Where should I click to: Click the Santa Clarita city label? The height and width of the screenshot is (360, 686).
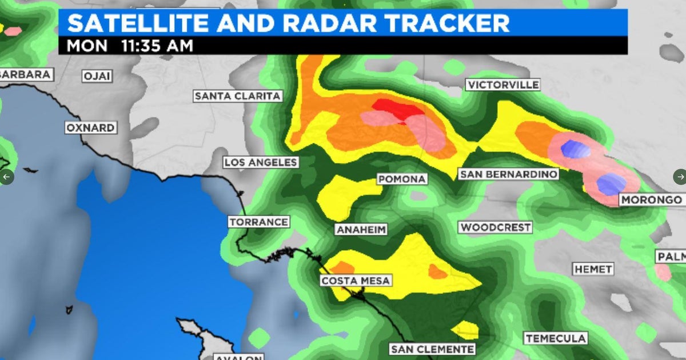click(x=238, y=96)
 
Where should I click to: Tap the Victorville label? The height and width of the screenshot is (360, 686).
click(x=502, y=85)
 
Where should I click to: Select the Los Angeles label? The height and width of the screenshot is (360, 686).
click(x=261, y=162)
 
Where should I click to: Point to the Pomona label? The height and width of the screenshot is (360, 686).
click(x=402, y=179)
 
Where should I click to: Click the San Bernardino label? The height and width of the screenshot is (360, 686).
click(x=508, y=174)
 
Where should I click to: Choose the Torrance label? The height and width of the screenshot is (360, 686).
click(x=259, y=222)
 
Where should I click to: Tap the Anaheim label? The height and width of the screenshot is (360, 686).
click(x=361, y=230)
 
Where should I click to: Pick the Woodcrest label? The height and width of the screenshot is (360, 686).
click(x=496, y=227)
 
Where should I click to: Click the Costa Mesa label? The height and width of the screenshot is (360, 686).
click(x=355, y=281)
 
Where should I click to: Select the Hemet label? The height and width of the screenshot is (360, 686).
click(x=593, y=269)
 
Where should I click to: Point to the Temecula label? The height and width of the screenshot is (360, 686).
click(x=556, y=338)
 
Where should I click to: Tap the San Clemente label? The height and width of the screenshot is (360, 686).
click(x=432, y=349)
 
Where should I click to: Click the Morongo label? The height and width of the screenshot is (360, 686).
click(x=651, y=200)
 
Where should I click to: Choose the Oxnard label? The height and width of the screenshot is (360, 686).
click(x=90, y=127)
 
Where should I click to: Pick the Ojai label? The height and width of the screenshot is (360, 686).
click(x=97, y=76)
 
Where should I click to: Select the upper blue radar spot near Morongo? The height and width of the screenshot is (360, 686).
click(x=575, y=149)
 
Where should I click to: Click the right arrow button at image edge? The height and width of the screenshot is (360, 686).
click(x=679, y=177)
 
